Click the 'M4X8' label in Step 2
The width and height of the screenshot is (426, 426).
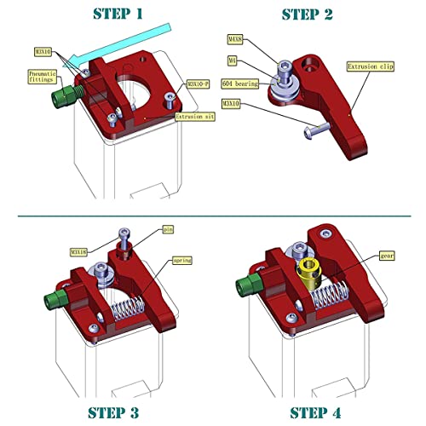235,39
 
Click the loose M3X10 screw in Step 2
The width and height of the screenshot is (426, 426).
313,130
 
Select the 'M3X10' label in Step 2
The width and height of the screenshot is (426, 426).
232,103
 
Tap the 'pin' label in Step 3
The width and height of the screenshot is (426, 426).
167,229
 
